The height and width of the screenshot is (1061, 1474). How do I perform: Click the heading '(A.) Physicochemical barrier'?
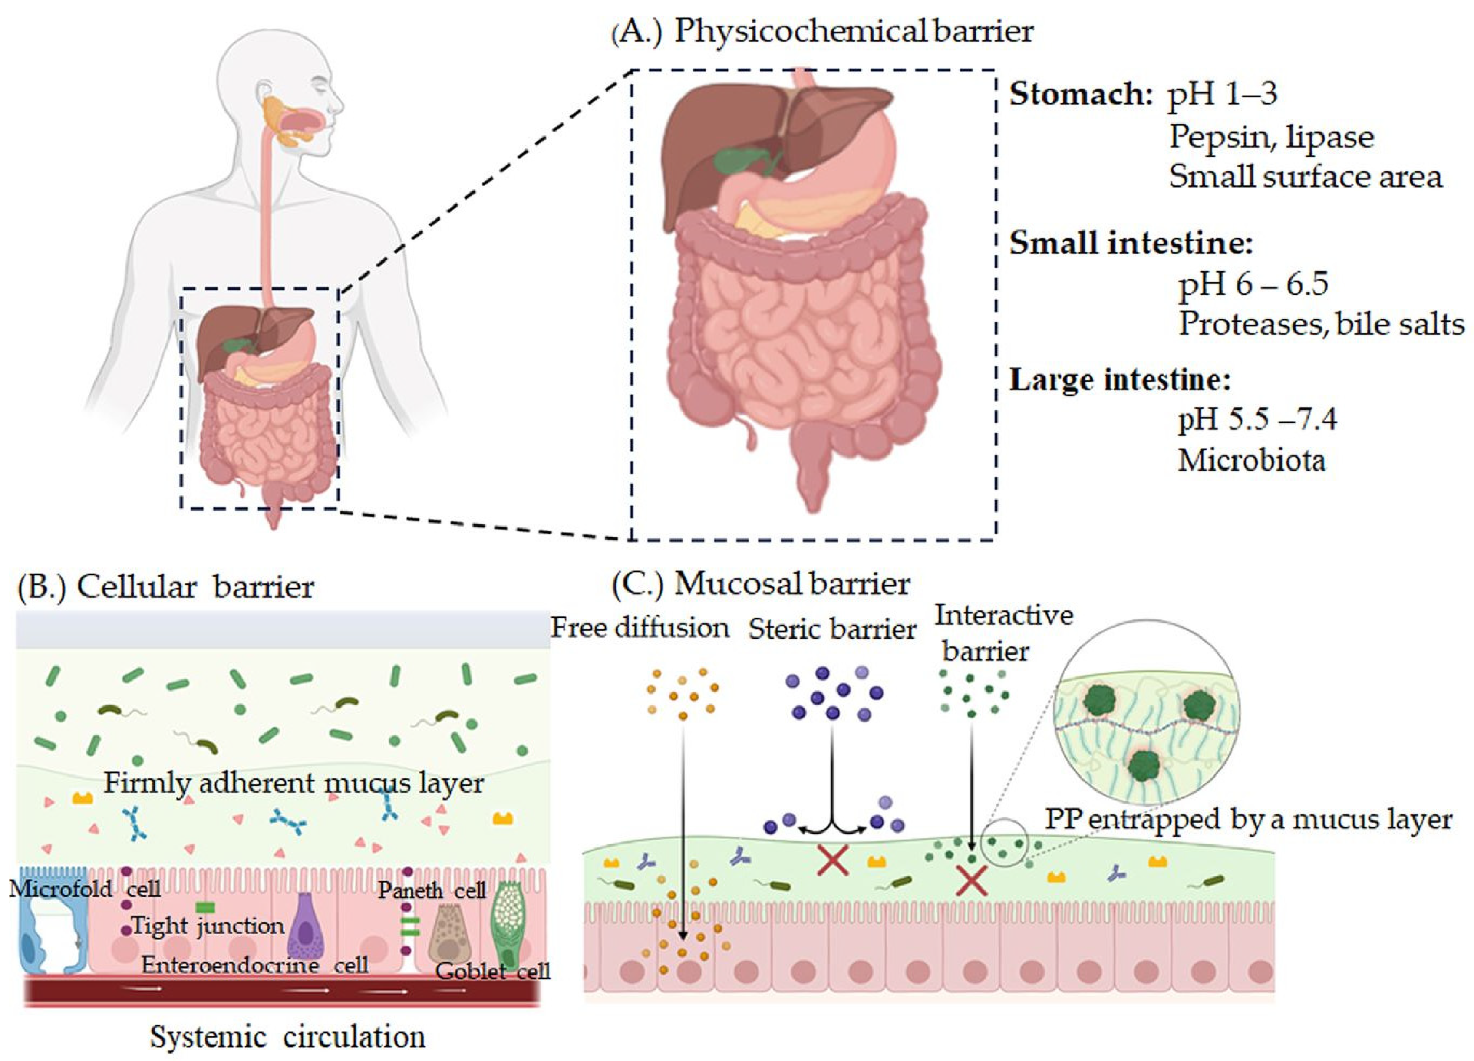click(x=822, y=31)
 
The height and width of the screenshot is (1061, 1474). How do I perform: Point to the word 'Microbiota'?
click(x=1251, y=460)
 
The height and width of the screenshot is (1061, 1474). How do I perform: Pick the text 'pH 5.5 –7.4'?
click(x=1257, y=419)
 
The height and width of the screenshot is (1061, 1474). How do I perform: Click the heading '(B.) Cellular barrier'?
click(x=166, y=587)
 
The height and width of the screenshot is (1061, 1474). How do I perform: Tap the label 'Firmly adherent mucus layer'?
click(x=294, y=782)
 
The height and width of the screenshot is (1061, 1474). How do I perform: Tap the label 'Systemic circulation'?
click(x=287, y=1036)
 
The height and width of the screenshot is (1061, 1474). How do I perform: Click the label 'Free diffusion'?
click(x=640, y=628)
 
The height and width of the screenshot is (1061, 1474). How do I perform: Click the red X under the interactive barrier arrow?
click(x=972, y=882)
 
